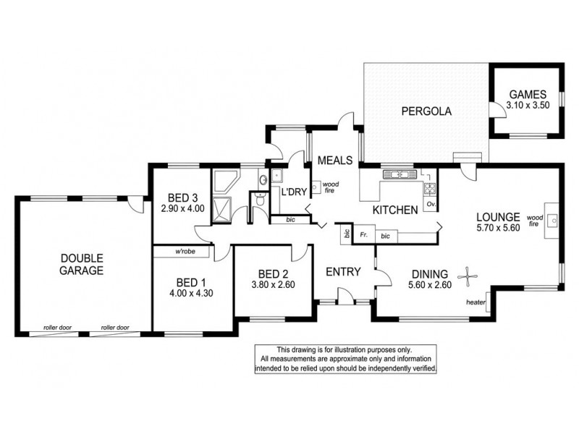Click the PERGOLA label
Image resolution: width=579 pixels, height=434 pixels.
coord(426,111)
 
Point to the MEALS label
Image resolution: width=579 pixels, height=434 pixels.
coord(334,160)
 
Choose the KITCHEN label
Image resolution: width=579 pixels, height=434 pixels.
coord(394,210)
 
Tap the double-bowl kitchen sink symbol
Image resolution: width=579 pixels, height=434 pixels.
coord(396,174)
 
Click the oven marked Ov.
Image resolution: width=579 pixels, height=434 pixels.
coord(431,205)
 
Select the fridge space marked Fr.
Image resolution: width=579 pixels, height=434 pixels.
coord(364,236)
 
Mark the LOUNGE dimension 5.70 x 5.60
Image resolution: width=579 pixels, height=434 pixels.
coord(498,227)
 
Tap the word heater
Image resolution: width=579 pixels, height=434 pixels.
coord(476,302)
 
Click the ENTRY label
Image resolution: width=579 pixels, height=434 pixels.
coord(343,271)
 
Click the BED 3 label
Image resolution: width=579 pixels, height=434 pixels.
coord(183,197)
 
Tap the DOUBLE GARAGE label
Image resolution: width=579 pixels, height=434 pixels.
coord(82,264)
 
